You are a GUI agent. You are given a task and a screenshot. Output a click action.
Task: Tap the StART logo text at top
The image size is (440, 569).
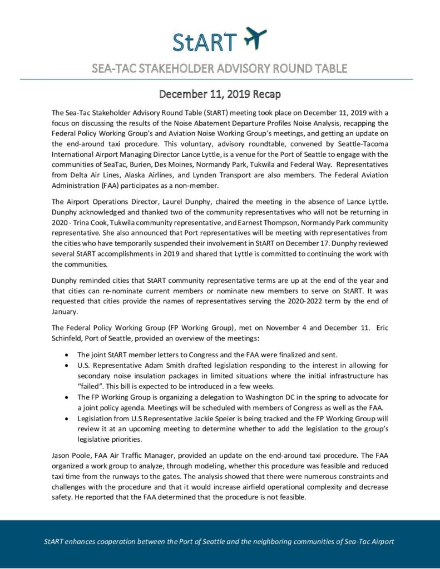tap(204, 41)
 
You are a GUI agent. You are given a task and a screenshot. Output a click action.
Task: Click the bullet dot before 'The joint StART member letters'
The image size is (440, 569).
tap(67, 355)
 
